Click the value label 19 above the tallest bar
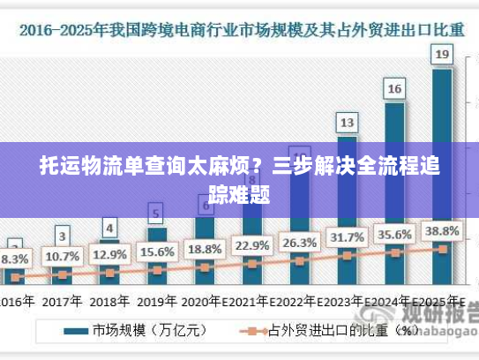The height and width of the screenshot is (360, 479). click(x=442, y=56)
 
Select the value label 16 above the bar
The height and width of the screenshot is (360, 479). click(x=394, y=88)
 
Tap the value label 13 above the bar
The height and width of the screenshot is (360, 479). click(x=347, y=122)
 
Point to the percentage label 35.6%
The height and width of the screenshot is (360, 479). click(x=394, y=234)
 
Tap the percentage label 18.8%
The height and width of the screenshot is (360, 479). click(x=204, y=248)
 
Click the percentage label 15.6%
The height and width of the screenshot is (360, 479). click(x=156, y=251)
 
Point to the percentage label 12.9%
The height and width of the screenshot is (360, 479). click(x=109, y=254)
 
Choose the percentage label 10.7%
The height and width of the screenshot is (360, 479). click(x=62, y=257)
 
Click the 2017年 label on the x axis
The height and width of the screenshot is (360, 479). click(x=62, y=300)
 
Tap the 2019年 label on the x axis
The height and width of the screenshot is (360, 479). click(x=157, y=300)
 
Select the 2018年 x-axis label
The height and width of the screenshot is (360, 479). click(x=109, y=300)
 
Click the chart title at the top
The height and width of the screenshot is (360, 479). click(x=239, y=30)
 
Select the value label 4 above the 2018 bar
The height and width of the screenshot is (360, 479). click(x=109, y=228)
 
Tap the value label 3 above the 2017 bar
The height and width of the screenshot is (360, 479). click(x=62, y=236)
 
